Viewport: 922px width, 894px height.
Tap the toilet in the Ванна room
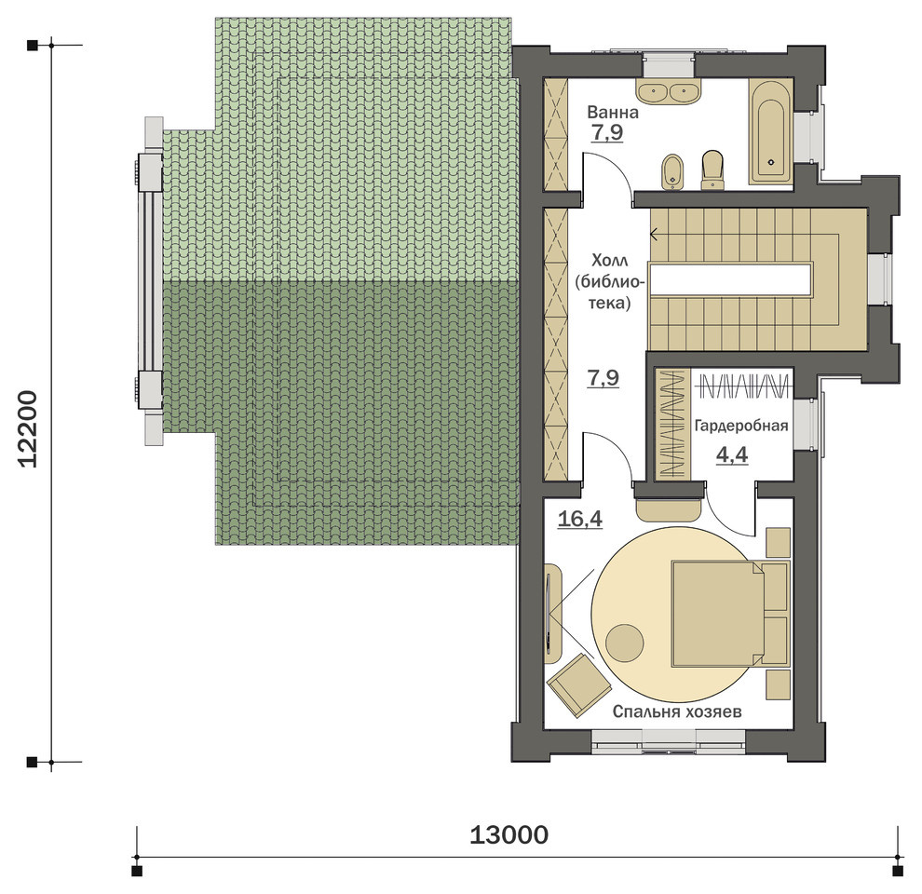pos(712,170)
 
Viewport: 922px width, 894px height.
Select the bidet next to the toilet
pos(672,171)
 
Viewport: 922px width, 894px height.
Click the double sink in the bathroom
pos(669,93)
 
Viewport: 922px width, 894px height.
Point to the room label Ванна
pos(613,112)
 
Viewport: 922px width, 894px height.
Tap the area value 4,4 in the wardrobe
pos(732,454)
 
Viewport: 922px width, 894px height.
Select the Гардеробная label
pos(741,426)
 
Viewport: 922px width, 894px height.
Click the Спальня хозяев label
pos(677,711)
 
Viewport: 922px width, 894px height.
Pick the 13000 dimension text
pos(509,834)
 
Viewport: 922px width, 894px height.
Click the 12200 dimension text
pos(28,428)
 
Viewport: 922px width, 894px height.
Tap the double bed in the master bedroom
pos(730,614)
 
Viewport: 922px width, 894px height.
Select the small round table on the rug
pos(625,643)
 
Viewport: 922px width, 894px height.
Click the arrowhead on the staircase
pos(653,235)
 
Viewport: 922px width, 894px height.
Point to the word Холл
pos(610,261)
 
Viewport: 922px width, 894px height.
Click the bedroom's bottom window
pos(669,741)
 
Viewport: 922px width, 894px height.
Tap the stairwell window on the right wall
pos(880,279)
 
